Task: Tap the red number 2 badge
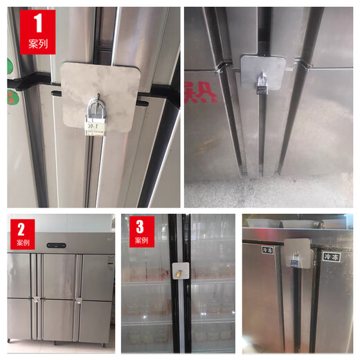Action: [22, 234]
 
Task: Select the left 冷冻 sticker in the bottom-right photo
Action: [267, 249]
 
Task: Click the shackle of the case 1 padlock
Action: [96, 107]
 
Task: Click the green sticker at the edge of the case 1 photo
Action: [10, 68]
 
